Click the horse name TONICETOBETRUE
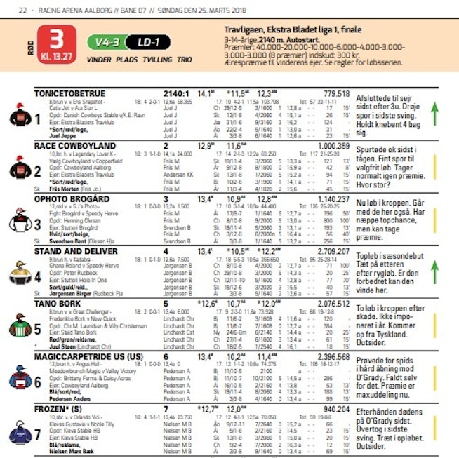pos(70,93)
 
